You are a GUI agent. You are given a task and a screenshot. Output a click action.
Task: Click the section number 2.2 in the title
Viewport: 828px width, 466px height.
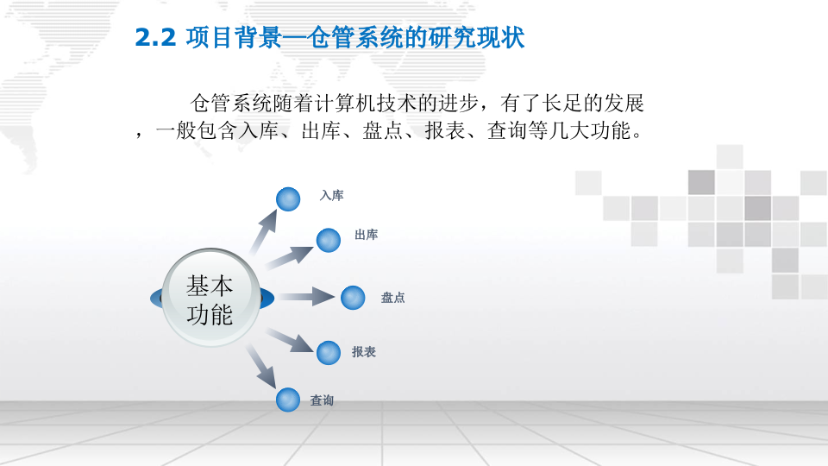(x=155, y=38)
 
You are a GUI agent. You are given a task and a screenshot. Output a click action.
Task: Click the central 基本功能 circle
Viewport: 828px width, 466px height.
(x=210, y=299)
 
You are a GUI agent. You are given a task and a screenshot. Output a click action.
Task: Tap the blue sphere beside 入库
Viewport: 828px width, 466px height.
(x=288, y=198)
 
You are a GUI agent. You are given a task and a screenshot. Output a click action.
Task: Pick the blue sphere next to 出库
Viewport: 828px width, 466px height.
(x=329, y=240)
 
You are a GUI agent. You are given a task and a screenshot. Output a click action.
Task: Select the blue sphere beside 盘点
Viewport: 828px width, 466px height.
(x=353, y=298)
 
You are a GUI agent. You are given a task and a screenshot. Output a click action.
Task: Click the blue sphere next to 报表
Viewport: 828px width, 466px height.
(x=329, y=352)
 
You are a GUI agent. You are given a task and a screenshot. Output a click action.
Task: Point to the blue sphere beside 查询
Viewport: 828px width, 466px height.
(x=288, y=400)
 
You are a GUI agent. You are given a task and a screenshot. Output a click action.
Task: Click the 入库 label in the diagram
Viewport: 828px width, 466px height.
(x=331, y=196)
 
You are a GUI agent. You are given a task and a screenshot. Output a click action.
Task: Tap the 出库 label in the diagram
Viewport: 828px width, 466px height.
(x=366, y=235)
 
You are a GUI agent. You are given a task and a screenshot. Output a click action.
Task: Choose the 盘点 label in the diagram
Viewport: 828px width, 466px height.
(x=392, y=298)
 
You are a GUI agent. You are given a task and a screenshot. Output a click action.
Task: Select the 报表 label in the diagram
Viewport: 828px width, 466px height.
(x=363, y=352)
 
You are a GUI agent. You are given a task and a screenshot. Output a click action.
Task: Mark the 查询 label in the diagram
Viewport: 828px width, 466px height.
(x=322, y=400)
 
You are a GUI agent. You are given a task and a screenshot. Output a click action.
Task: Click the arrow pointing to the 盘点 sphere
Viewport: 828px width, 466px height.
(x=306, y=298)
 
